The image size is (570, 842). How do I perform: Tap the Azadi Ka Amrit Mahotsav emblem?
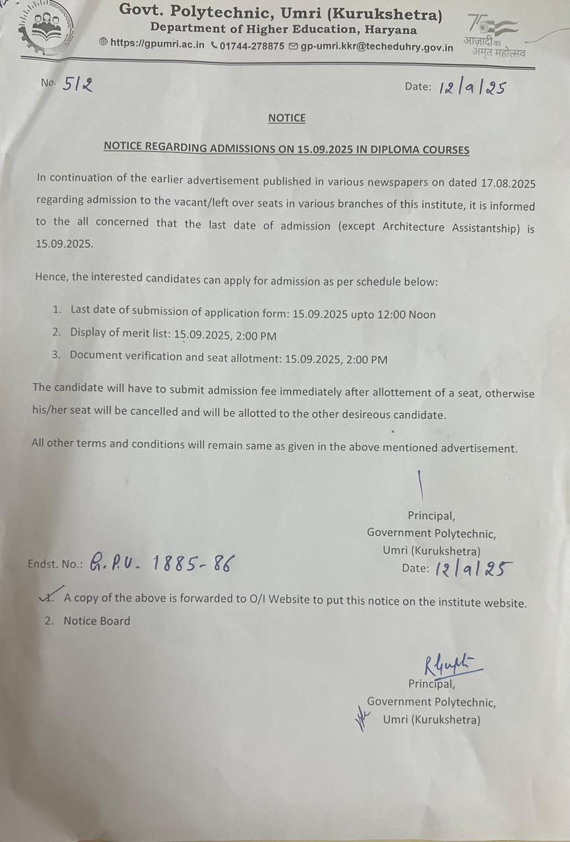494,36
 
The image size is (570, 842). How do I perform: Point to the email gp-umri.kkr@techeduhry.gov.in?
376,47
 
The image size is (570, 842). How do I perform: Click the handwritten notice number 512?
78,84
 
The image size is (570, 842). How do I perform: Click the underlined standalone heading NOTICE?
287,118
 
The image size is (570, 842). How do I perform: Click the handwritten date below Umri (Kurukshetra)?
473,569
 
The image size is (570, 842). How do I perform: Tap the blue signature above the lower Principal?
451,665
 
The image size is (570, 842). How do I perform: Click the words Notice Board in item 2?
97,620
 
